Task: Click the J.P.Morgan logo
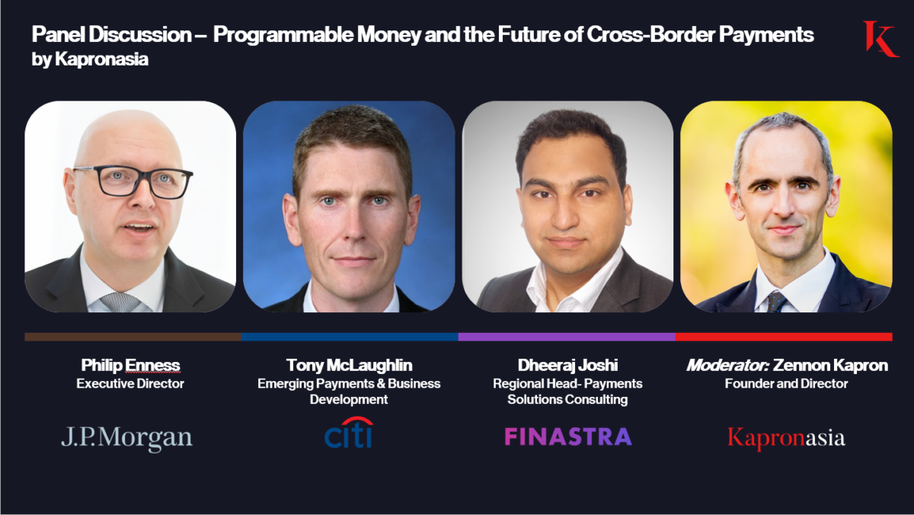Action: click(126, 437)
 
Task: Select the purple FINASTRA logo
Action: click(567, 437)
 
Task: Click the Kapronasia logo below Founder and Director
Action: click(786, 438)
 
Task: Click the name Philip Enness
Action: click(130, 365)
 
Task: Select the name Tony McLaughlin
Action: click(349, 365)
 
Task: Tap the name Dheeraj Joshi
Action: click(567, 365)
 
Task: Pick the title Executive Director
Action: click(130, 384)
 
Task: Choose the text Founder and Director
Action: click(786, 384)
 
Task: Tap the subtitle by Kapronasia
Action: click(90, 59)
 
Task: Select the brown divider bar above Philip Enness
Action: click(133, 336)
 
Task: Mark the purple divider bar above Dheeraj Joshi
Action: click(567, 336)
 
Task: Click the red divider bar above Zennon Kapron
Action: click(784, 336)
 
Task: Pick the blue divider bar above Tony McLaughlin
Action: click(350, 336)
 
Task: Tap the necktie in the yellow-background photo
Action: click(776, 302)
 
